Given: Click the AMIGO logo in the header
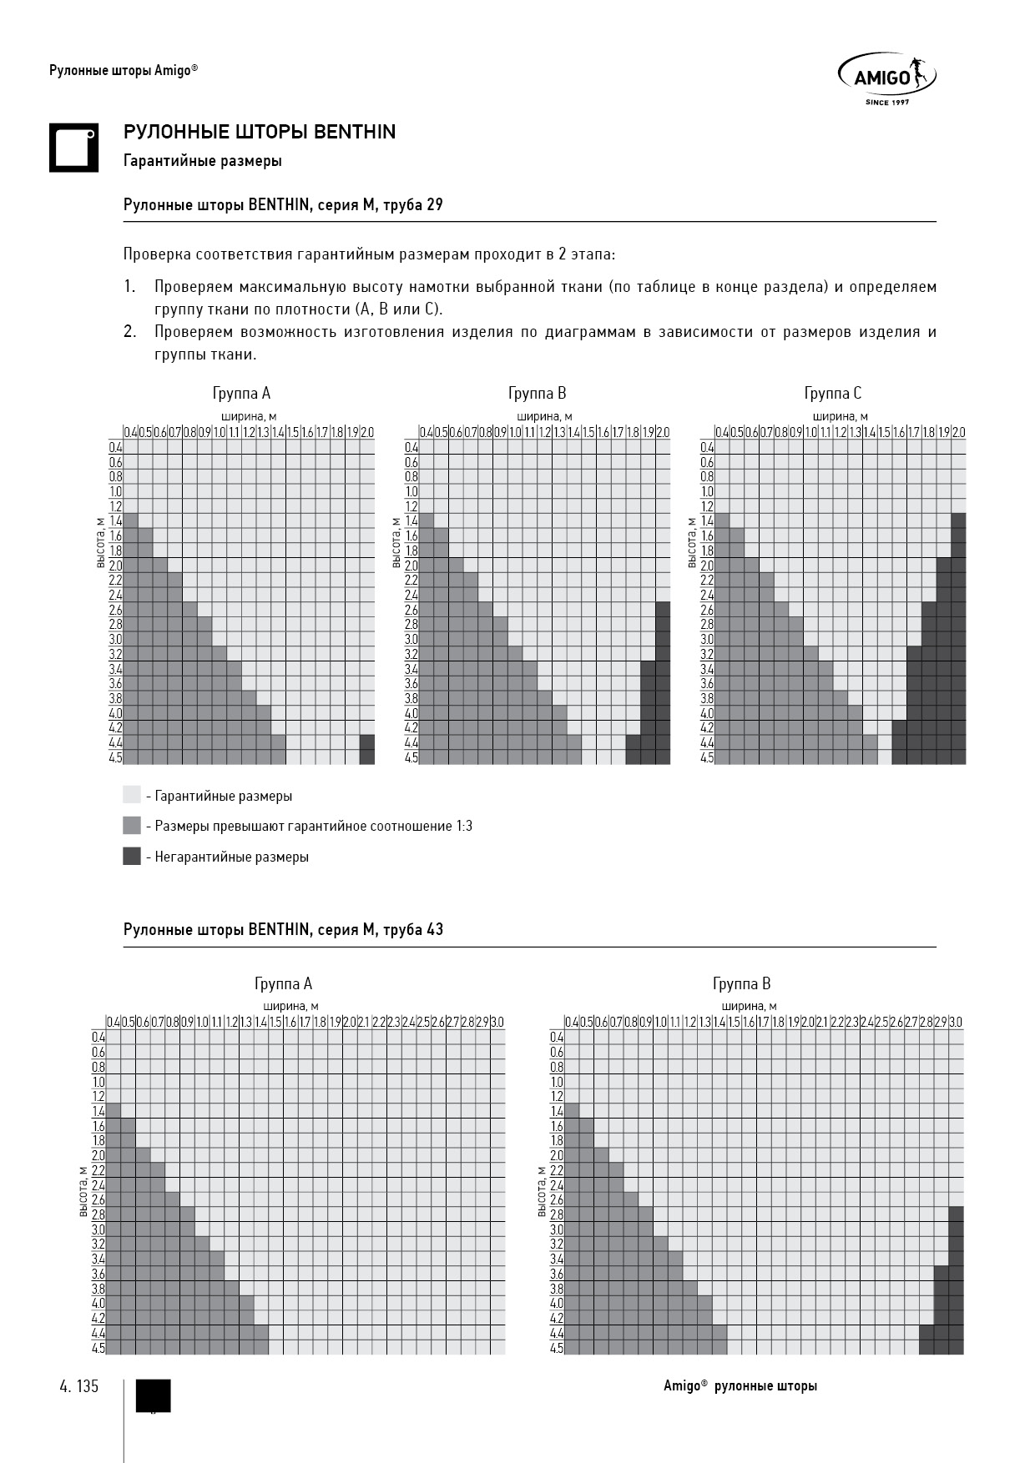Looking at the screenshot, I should coord(886,79).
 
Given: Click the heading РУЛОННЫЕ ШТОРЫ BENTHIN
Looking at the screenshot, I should coord(260,132).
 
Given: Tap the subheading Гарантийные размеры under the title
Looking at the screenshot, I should coord(202,161).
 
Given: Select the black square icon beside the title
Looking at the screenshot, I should coord(73,148).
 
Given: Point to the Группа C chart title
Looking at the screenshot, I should coord(832,393).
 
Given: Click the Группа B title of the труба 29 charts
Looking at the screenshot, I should coord(537,393).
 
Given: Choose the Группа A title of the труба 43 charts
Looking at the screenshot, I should coord(283,983).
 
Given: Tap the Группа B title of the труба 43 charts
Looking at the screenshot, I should coord(741,983).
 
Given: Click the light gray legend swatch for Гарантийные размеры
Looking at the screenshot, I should coord(132,795).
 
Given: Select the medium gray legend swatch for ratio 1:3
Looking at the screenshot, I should coord(132,826).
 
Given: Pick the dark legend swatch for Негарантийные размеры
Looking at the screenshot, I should coord(132,857).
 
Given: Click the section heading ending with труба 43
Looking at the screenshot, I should coord(283,929).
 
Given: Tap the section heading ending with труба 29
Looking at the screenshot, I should coord(283,204).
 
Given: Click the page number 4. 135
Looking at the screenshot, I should coord(79,1386).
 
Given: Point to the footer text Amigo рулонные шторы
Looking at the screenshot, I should coord(740,1386).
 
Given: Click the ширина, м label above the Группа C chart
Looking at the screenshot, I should coord(840,416).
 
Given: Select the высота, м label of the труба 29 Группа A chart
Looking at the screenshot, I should coord(100,543).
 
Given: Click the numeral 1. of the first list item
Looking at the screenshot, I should coord(129,287).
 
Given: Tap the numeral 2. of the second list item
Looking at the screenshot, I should coord(129,332).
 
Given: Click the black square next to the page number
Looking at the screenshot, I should coord(153,1395).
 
